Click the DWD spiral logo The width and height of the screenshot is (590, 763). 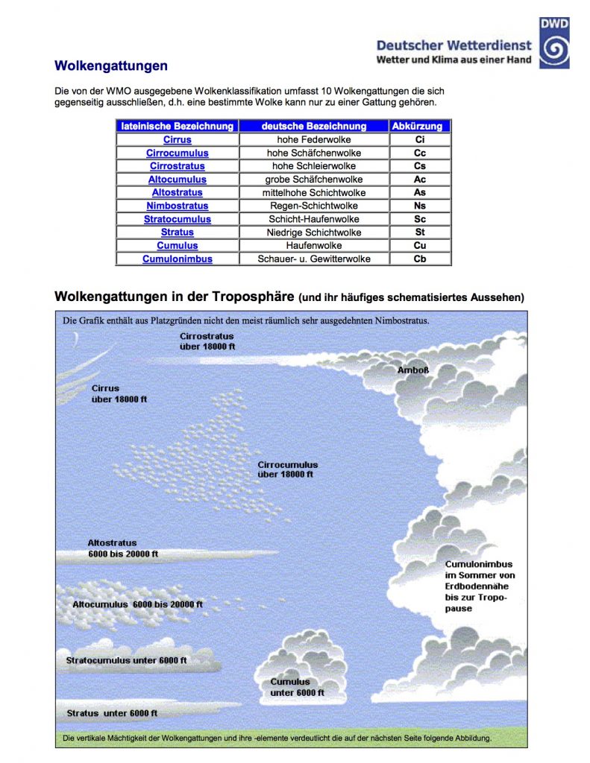(x=554, y=43)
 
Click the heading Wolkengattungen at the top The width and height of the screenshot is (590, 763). (x=111, y=66)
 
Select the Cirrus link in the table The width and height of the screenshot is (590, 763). (x=178, y=139)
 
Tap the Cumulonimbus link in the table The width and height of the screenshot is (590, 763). (x=178, y=259)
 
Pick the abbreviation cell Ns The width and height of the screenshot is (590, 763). (x=420, y=206)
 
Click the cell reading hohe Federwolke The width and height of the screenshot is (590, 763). (x=313, y=139)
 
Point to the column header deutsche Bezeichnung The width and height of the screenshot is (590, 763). (x=313, y=126)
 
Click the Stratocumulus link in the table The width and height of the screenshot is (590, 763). (x=178, y=219)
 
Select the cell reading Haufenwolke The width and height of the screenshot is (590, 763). (x=313, y=245)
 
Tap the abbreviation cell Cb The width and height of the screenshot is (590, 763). (x=420, y=259)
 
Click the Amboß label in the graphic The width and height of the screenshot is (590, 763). (x=412, y=370)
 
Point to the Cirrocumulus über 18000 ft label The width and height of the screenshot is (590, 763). (x=287, y=469)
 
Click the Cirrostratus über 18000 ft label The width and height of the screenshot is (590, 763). (x=207, y=341)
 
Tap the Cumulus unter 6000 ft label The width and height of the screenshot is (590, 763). (x=297, y=687)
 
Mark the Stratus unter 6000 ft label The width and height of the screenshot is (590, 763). (x=112, y=713)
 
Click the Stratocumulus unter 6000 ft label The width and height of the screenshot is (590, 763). (x=126, y=660)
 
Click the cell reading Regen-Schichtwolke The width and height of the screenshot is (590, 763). (x=313, y=206)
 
